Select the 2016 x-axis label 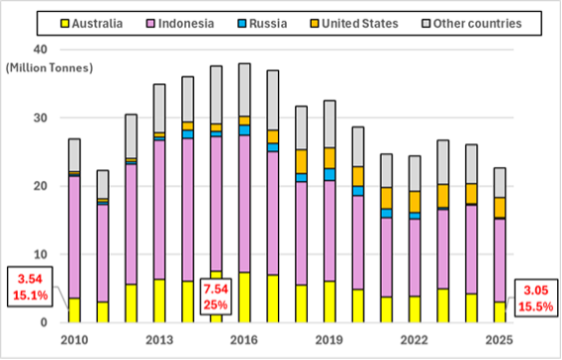(x=243, y=341)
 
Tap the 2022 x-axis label (x=415, y=341)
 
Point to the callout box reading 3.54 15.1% (x=32, y=284)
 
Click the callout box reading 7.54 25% (x=216, y=296)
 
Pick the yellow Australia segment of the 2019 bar (x=329, y=302)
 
